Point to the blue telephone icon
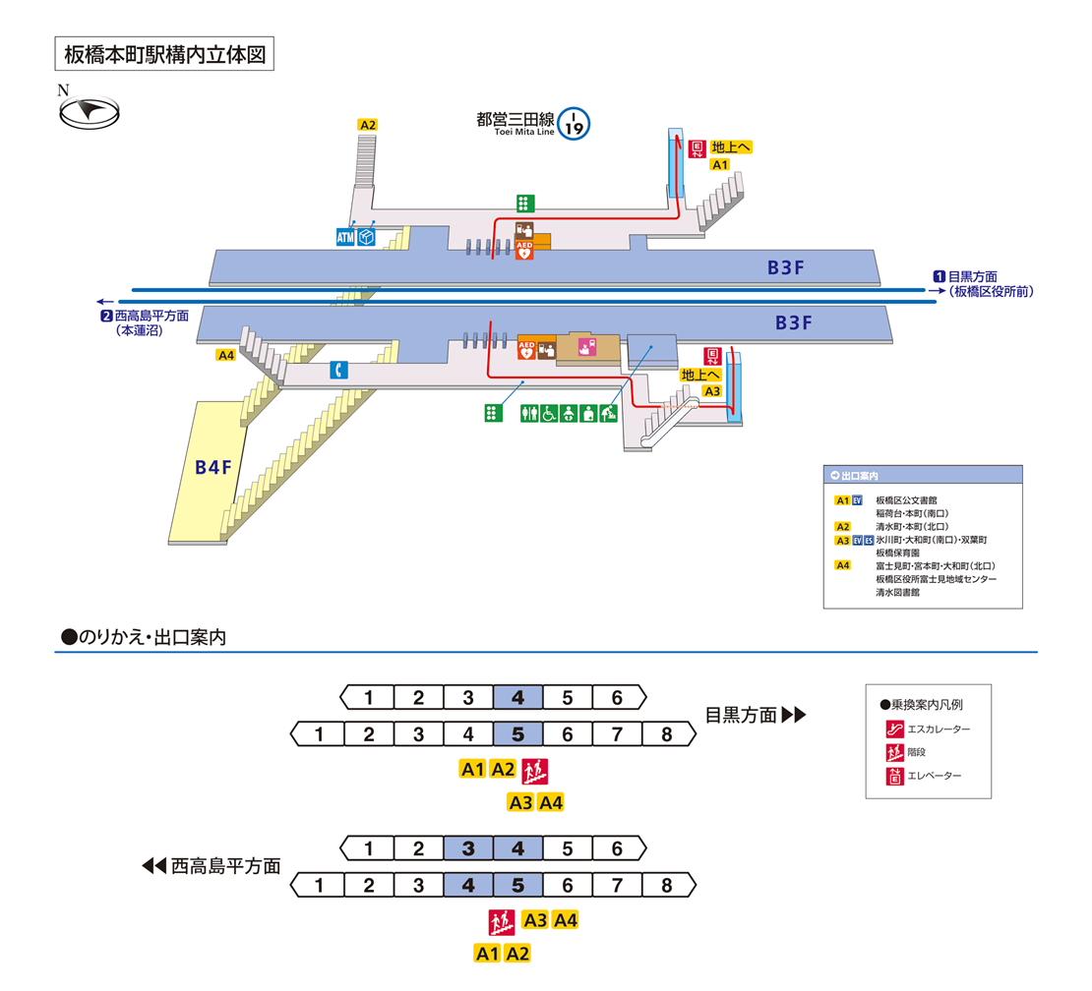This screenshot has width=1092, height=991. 338,370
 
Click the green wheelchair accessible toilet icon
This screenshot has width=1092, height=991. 549,414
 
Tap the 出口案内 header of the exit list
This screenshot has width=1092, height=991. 860,475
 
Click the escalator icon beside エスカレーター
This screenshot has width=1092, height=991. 894,729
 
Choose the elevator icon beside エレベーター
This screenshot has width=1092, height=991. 894,777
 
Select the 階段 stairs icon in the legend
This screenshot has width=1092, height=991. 894,753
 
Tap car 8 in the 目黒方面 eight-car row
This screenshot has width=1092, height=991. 666,733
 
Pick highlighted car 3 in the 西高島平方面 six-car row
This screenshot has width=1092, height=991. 468,847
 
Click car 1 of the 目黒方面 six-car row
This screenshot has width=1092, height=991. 368,698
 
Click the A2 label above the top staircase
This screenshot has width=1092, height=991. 368,125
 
